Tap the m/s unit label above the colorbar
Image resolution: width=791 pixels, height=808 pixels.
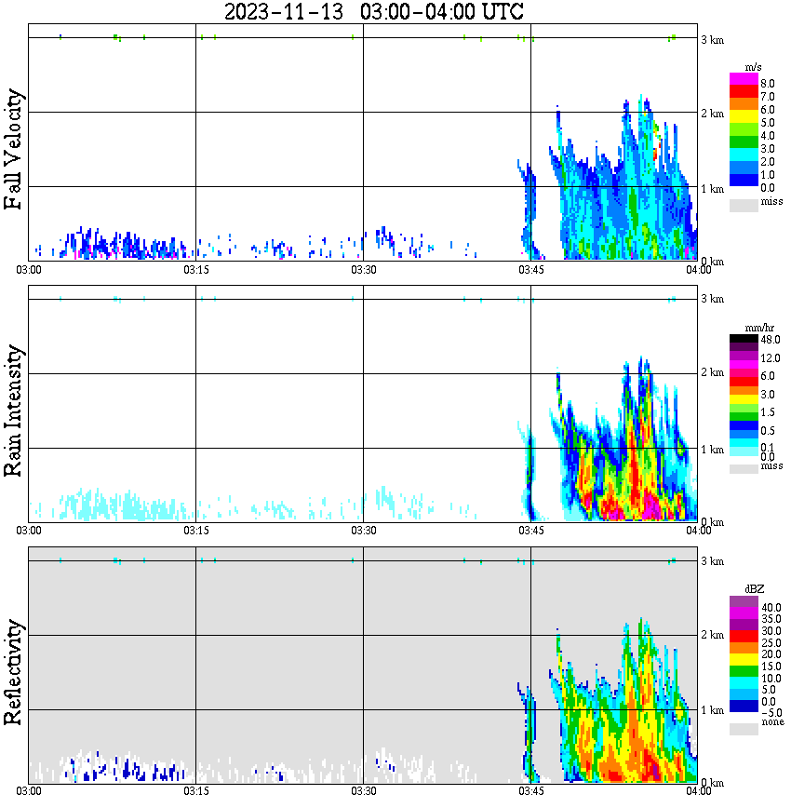point(754,67)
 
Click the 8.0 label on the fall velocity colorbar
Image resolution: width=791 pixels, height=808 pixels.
point(768,83)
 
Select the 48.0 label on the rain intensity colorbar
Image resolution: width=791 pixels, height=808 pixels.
point(770,341)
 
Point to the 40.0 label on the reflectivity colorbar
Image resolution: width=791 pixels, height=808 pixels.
point(770,607)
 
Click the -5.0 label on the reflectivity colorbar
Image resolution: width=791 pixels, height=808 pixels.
point(770,711)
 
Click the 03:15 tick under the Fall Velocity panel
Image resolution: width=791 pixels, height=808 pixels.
point(195,270)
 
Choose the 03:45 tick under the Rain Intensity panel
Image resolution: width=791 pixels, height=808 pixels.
point(530,531)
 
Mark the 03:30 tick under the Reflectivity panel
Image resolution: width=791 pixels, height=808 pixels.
point(363,792)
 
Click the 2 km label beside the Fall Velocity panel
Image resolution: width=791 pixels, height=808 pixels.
point(712,114)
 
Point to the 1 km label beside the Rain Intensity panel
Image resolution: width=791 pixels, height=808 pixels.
point(712,450)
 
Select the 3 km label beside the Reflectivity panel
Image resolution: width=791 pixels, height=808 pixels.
point(712,560)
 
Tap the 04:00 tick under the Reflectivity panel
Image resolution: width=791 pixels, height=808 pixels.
point(698,792)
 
